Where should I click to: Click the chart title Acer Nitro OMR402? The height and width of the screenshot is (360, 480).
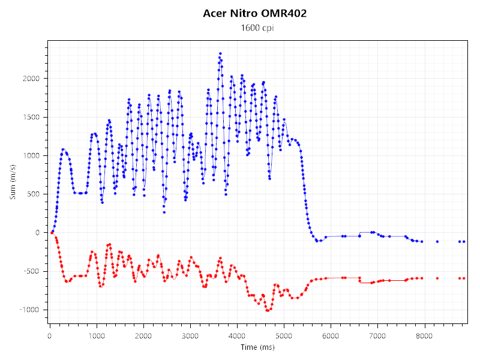255,13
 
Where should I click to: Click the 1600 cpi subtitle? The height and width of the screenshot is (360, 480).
255,28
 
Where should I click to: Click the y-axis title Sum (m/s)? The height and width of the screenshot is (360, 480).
13,182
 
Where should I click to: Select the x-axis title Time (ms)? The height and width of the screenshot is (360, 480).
257,347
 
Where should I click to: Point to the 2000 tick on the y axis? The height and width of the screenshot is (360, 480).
32,79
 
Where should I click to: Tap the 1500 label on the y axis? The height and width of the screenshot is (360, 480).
32,117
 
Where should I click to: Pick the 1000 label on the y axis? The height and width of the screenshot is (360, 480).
32,155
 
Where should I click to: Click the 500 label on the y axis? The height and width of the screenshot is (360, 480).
34,194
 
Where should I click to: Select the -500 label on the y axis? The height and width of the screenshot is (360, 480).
33,271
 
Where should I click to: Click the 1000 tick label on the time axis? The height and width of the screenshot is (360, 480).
96,336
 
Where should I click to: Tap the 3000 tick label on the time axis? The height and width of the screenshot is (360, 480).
190,336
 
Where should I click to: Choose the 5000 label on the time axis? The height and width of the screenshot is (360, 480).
284,336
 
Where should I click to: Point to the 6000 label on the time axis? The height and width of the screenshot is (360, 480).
331,336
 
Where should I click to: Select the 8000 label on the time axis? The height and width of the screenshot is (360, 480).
425,336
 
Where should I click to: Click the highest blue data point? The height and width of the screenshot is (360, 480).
220,53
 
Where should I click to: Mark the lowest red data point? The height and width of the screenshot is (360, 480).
268,311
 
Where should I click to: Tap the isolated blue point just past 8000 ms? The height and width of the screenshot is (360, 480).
437,241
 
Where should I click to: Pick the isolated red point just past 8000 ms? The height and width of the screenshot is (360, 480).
437,278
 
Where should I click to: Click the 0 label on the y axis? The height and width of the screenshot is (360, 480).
38,233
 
